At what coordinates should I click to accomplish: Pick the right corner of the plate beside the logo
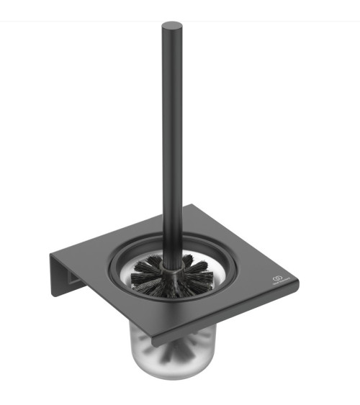tap(297, 281)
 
